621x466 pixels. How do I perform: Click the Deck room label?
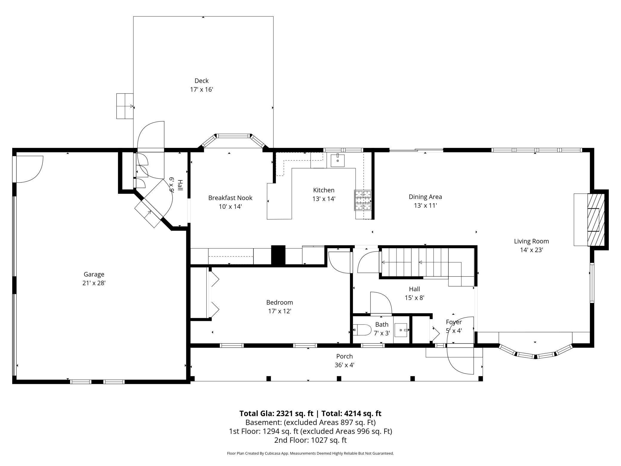202,81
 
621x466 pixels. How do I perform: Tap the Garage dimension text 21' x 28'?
94,283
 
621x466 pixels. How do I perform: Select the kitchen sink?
338,160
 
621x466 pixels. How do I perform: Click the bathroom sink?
401,330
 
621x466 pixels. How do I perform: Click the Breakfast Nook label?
230,198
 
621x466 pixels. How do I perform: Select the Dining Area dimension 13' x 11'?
425,206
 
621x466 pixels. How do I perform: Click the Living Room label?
531,241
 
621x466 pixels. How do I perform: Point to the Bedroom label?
279,302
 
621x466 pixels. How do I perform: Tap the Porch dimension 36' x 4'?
345,365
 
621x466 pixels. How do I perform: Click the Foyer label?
454,322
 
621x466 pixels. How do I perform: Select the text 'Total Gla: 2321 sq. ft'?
276,413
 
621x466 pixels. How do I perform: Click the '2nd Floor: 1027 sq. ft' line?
310,440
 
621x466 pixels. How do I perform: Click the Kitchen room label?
324,190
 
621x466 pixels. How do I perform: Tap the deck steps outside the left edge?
125,106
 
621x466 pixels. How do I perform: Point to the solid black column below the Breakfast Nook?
278,255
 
